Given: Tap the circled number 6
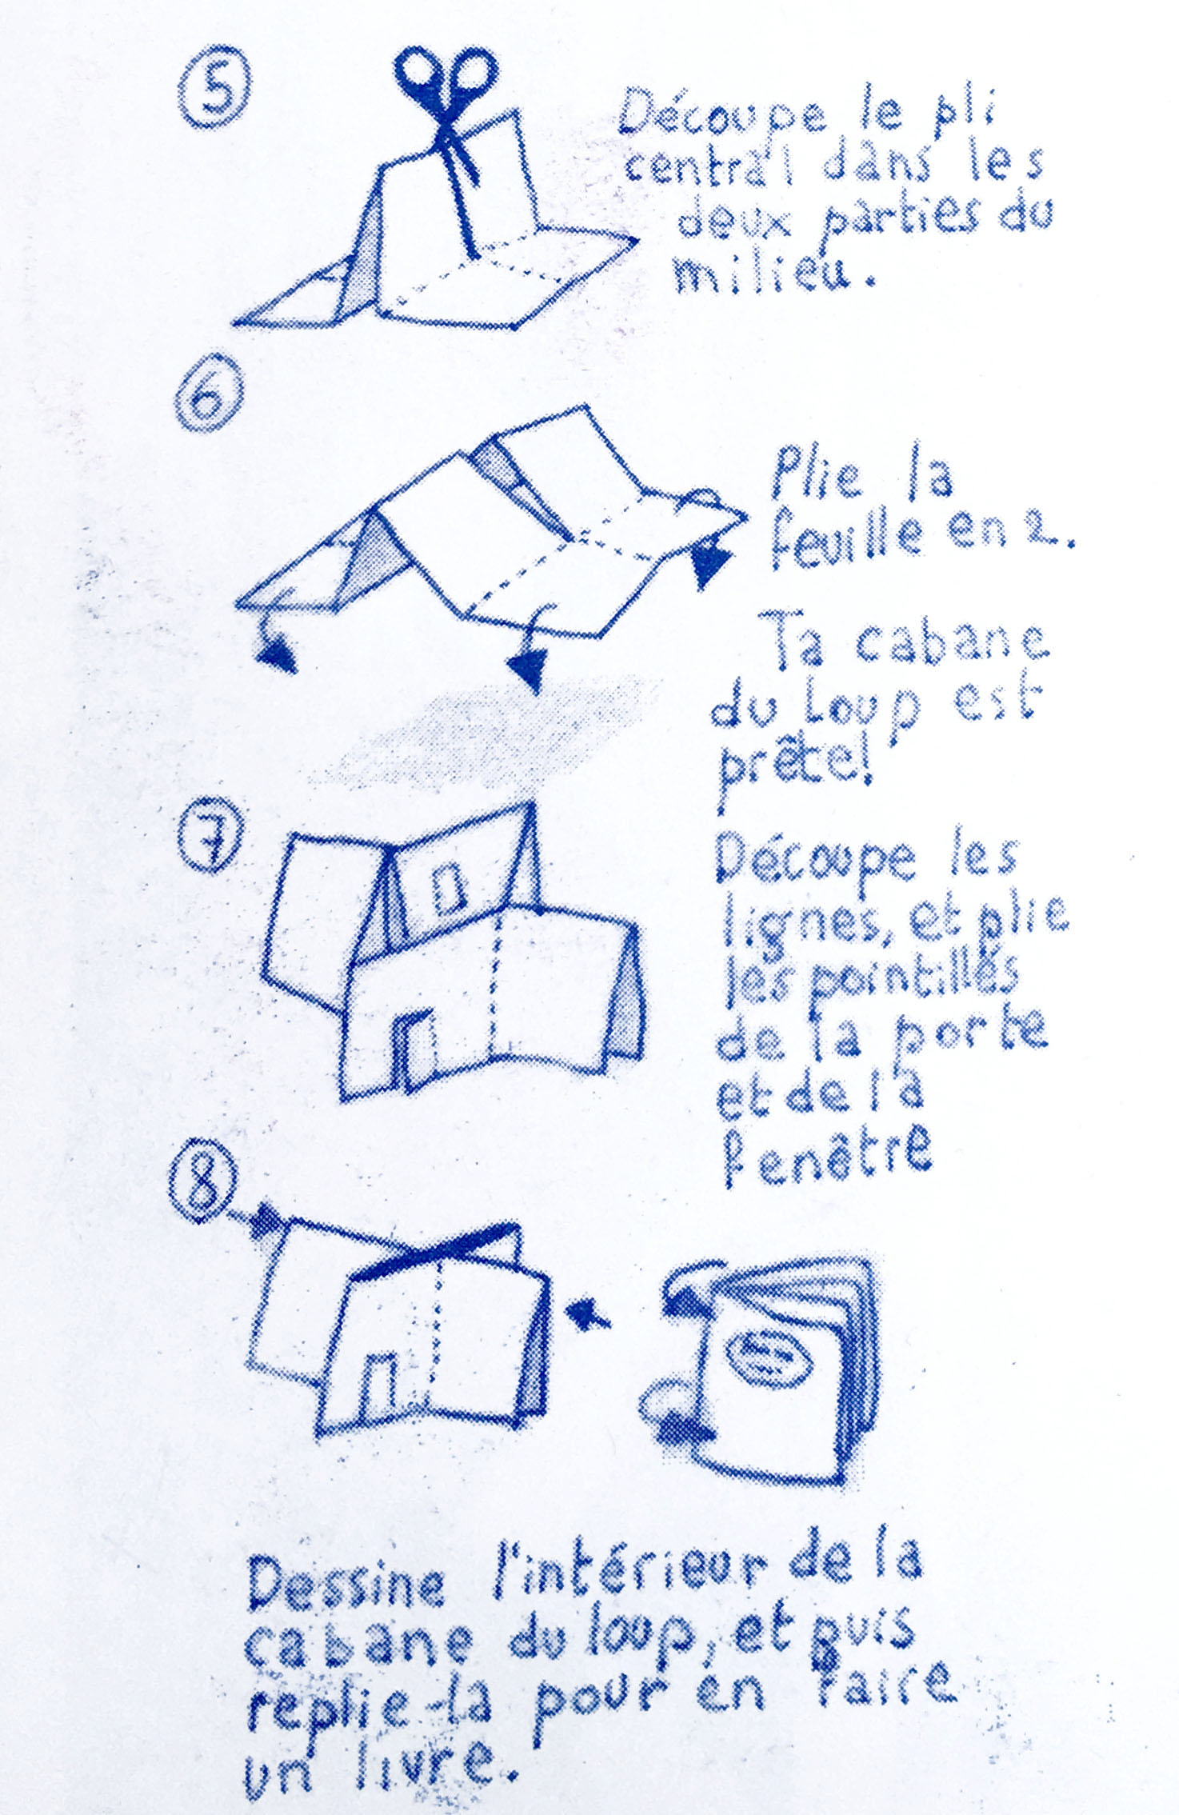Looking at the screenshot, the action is click(210, 397).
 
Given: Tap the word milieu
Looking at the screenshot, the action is click(773, 274).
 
